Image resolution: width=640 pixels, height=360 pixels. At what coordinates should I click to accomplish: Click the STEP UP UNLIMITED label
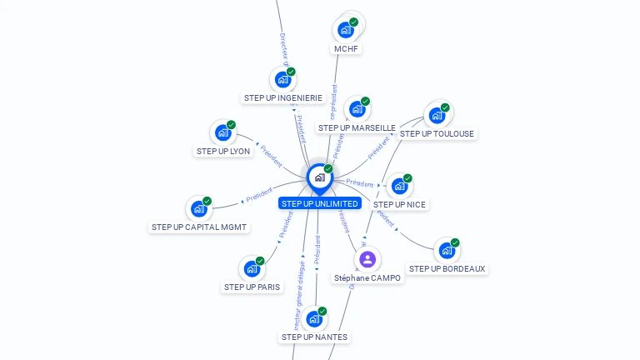pos(320,203)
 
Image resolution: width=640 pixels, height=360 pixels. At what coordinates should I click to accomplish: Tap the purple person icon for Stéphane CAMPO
pos(367,259)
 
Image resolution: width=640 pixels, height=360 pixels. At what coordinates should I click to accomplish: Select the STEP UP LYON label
pos(223,151)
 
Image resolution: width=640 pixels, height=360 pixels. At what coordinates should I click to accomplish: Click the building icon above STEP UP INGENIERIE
pos(282,80)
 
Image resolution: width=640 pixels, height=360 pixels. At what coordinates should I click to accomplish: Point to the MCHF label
pos(347,48)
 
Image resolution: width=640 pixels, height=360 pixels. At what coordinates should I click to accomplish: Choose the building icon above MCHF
pos(346,31)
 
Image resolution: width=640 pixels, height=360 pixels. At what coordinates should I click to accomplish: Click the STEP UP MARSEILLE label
pos(357,127)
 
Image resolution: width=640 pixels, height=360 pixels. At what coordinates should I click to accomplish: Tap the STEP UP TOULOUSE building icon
pos(437,116)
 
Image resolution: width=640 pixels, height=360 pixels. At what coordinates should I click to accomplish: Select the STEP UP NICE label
pos(400,204)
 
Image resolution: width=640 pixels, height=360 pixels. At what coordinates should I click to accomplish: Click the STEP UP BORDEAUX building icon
pos(447,250)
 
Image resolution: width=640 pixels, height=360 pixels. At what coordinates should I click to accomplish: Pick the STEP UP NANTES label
pos(314,337)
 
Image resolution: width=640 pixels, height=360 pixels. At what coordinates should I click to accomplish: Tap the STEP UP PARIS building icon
pos(252,269)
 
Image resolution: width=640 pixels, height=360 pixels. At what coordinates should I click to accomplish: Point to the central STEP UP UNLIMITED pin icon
pos(319,177)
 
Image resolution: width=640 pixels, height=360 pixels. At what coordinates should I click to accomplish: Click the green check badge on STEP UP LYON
pos(231,125)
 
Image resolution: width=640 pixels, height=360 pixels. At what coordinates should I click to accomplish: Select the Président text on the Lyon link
pos(270,155)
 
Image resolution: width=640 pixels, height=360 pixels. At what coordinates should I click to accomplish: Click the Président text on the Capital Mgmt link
pos(258,195)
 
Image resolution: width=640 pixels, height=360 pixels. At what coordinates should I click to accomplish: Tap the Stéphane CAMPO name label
pos(367,277)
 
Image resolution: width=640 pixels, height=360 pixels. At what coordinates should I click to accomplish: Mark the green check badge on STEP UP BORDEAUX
pos(455,242)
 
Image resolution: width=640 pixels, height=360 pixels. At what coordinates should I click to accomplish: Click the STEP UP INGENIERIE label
pos(283,97)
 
